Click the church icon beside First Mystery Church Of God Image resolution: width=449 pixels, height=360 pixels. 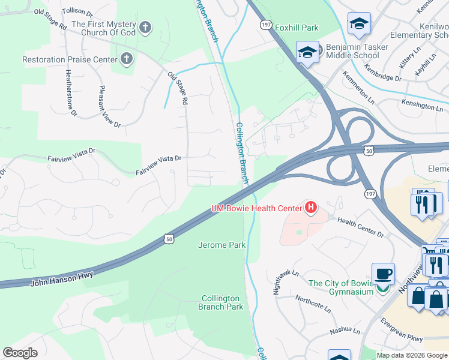point(145,27)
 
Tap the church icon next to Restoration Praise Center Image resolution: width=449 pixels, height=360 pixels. point(126,59)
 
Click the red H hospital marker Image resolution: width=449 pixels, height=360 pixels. point(311,208)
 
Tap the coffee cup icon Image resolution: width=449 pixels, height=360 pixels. point(383,274)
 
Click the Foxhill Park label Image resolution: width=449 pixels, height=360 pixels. point(297,28)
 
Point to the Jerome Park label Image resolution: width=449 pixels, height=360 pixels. point(222,245)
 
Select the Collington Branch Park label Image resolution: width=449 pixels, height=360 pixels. point(221,302)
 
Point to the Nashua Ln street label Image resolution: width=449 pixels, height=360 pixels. point(345,331)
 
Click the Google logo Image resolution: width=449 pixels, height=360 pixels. point(20,352)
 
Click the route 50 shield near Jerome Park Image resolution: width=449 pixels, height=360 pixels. point(169,239)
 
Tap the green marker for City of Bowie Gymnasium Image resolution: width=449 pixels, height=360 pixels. point(382,290)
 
